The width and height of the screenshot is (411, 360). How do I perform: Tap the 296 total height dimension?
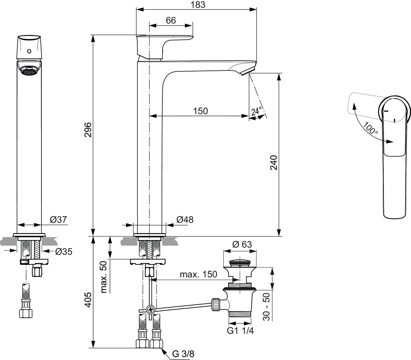coord(88,130)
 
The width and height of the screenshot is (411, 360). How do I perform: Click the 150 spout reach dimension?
coord(201,111)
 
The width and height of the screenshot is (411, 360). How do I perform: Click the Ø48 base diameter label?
coord(185,219)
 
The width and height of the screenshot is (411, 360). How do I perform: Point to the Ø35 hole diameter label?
coord(63,252)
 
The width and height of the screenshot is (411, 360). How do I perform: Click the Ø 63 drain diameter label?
coord(242,244)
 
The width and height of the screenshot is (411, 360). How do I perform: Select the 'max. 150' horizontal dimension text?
coord(199,274)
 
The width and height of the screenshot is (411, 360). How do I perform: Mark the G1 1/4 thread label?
coord(240,331)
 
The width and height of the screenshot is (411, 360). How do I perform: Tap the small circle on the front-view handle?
coord(29,52)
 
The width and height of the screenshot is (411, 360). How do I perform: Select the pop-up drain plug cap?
coord(240,263)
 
